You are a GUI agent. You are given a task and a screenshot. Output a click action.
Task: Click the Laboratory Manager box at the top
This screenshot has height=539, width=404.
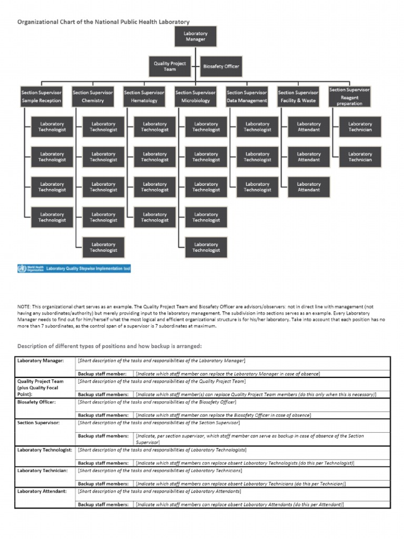[x=195, y=36]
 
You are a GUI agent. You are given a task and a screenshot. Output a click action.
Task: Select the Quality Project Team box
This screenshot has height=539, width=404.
[x=169, y=66]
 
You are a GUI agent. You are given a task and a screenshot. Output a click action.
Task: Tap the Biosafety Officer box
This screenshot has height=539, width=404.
[x=221, y=66]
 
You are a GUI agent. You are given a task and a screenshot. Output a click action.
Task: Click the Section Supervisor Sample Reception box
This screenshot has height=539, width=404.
[x=41, y=96]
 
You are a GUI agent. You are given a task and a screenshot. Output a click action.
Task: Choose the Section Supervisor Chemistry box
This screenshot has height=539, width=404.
[x=93, y=96]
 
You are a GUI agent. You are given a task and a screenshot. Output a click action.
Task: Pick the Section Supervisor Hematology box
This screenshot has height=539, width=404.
[x=144, y=96]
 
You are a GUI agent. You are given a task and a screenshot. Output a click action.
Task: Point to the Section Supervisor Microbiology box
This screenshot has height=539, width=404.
[x=195, y=96]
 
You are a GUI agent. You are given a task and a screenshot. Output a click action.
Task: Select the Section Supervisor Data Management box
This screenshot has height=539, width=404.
[x=247, y=96]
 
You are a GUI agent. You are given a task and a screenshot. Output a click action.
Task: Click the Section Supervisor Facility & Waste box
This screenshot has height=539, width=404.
[x=298, y=96]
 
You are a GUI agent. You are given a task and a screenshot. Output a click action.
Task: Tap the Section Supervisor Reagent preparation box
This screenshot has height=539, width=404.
[x=349, y=96]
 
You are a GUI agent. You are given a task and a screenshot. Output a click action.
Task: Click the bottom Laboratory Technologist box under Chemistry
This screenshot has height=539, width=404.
[x=103, y=247]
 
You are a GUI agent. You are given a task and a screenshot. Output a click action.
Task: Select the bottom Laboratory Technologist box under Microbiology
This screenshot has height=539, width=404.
[x=206, y=247]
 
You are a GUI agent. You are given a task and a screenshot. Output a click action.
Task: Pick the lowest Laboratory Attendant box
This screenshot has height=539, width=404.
[x=308, y=187]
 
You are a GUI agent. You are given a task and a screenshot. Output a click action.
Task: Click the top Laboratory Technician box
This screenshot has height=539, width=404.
[x=360, y=127]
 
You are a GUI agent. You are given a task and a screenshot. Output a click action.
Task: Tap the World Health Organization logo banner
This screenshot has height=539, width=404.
[x=74, y=269]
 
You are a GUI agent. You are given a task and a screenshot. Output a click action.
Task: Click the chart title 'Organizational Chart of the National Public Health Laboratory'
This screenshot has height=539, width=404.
[x=104, y=22]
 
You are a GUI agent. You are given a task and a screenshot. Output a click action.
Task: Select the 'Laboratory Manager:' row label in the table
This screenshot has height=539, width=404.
[x=41, y=361]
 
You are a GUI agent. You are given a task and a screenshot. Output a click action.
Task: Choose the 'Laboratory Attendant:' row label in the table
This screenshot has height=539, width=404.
[x=42, y=491]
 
